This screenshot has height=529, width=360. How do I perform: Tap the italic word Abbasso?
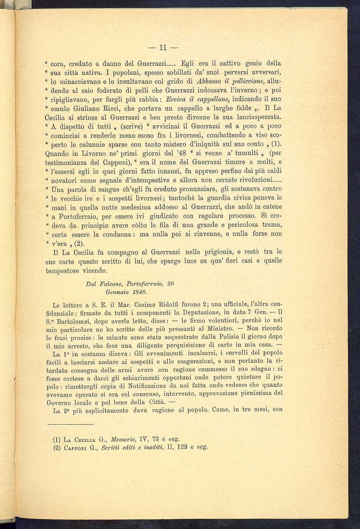click(x=207, y=81)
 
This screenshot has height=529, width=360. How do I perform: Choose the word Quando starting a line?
click(x=58, y=153)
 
